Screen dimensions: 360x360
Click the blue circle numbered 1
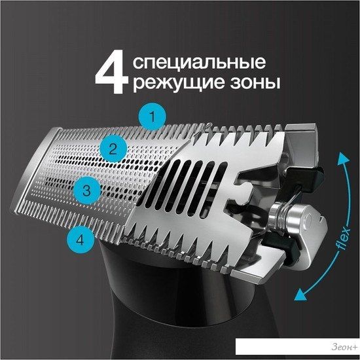(153, 117)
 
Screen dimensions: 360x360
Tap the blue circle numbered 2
(113, 149)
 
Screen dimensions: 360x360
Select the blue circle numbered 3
(87, 190)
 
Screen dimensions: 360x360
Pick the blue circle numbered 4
(80, 240)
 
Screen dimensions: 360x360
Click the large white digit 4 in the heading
(112, 72)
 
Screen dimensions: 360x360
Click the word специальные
(199, 62)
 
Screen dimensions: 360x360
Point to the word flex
(344, 238)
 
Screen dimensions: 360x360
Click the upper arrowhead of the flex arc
(343, 158)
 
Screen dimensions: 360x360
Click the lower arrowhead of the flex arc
(301, 295)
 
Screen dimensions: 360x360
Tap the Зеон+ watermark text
(344, 347)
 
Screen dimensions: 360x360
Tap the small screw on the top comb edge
(208, 125)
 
